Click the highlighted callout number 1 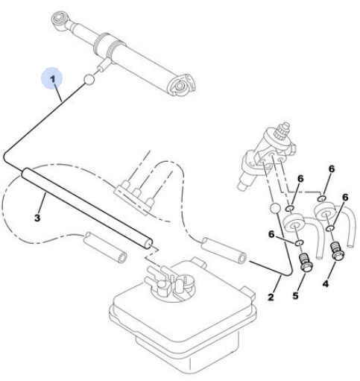[53, 79]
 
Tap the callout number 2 [271, 297]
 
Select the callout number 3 [37, 218]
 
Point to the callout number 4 [326, 283]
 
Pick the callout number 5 [295, 295]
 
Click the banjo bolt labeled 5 [305, 262]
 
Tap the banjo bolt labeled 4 [337, 251]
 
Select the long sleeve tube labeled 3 [87, 208]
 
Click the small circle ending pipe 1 [89, 79]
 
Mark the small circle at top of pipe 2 [275, 208]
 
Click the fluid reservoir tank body [183, 323]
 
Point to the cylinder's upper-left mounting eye [59, 20]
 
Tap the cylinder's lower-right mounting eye [180, 85]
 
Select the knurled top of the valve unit [282, 130]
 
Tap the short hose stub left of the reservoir [105, 247]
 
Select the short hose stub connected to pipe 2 [224, 251]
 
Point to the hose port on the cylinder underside [104, 65]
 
